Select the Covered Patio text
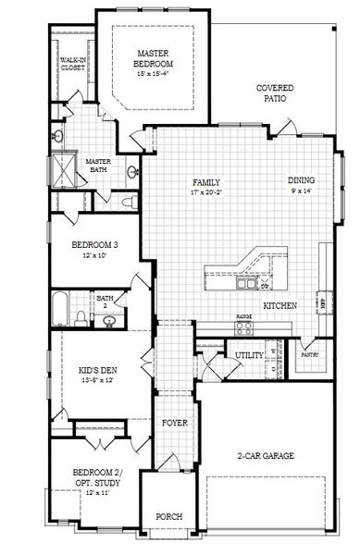(275, 92)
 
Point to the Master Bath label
(98, 165)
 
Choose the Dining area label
(301, 180)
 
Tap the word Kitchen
(279, 304)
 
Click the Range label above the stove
(244, 317)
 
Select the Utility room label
(223, 355)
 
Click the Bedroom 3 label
(95, 245)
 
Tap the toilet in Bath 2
(81, 317)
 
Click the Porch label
(169, 516)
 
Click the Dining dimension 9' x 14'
(301, 191)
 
